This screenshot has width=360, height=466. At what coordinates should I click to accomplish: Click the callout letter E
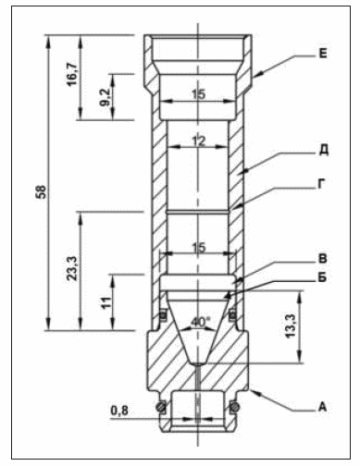click(322, 54)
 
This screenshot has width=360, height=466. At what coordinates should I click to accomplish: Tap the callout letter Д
click(323, 151)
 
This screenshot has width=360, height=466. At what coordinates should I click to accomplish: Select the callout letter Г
click(322, 184)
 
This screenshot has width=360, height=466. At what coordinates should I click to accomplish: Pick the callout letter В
click(322, 259)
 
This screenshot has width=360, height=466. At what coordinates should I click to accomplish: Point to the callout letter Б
click(322, 277)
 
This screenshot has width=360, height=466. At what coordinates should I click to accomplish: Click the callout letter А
click(322, 407)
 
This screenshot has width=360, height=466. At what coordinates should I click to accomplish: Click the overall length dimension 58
click(42, 191)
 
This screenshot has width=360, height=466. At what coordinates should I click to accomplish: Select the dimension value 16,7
click(71, 74)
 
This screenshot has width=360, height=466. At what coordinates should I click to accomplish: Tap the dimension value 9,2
click(105, 97)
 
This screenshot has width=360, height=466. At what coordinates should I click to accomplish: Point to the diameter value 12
click(198, 141)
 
